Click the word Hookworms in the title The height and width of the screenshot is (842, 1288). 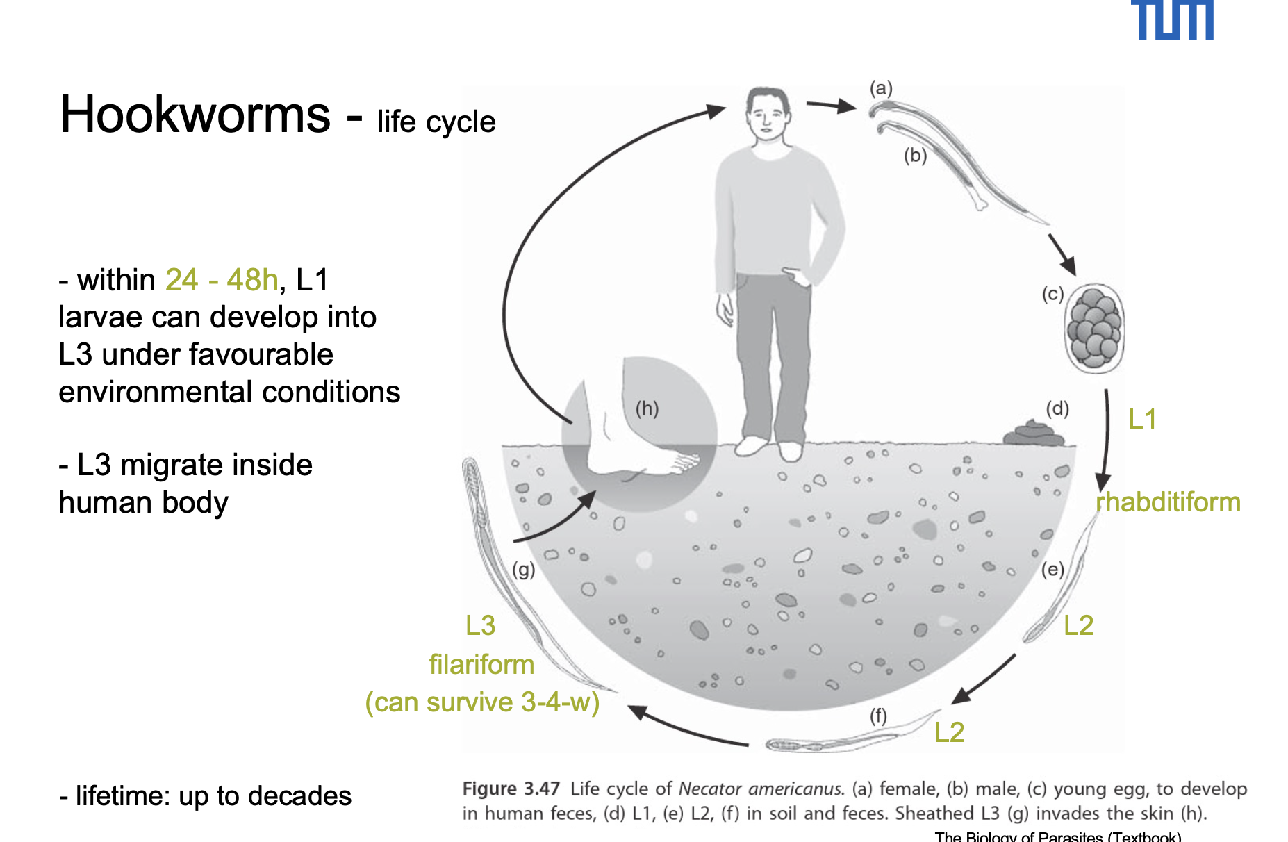coord(195,115)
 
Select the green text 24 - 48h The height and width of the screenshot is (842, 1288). coord(222,280)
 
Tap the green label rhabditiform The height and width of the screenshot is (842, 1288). coord(1169,502)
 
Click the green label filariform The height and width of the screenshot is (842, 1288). coord(481,665)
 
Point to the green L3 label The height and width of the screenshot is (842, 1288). coord(480,626)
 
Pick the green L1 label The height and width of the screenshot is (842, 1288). coord(1141,419)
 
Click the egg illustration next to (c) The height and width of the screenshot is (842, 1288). coord(1094,328)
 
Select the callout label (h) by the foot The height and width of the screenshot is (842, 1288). coord(647,408)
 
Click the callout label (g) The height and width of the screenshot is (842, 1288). coord(523,570)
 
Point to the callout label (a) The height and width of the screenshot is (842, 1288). coord(881,88)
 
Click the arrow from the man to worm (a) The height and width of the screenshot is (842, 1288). coord(831,106)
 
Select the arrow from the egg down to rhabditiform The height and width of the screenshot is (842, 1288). coord(1105,438)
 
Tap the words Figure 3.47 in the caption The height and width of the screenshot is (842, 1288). coord(511,789)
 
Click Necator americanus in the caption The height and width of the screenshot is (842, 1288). coord(761,789)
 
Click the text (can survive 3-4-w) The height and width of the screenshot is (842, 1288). coord(482,702)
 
